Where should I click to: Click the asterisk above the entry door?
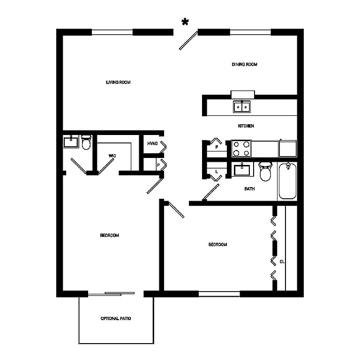[185, 22]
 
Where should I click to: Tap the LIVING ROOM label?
[118, 82]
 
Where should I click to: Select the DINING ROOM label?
[244, 64]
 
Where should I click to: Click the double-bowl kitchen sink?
[242, 107]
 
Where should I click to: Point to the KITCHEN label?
[246, 126]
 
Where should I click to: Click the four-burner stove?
[241, 149]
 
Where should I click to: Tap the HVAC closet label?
[152, 143]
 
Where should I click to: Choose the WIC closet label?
[112, 156]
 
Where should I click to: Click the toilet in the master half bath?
[86, 142]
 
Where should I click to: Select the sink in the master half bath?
[71, 142]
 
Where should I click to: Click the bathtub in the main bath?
[287, 181]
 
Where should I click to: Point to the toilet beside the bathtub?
[265, 171]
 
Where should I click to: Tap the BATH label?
[249, 189]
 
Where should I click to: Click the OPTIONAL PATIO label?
[116, 318]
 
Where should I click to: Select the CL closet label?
[282, 262]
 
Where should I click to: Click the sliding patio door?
[112, 293]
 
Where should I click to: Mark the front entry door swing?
[188, 40]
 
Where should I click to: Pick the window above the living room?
[112, 32]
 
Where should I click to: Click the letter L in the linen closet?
[217, 172]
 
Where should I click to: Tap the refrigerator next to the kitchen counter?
[288, 149]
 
